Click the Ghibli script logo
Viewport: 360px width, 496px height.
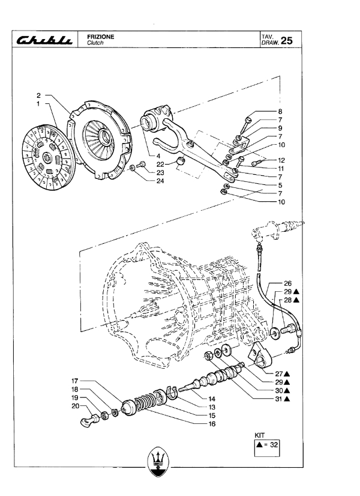pyautogui.click(x=44, y=40)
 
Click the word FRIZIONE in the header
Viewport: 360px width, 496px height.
pyautogui.click(x=101, y=37)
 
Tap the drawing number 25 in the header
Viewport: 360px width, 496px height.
pyautogui.click(x=287, y=40)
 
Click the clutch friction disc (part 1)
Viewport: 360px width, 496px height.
pyautogui.click(x=49, y=157)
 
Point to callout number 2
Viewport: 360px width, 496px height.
pyautogui.click(x=38, y=95)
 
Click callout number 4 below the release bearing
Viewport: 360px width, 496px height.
pyautogui.click(x=158, y=156)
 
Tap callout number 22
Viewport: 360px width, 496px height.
pyautogui.click(x=160, y=164)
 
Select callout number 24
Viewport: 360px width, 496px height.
pyautogui.click(x=160, y=181)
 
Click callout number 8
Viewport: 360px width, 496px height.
pyautogui.click(x=280, y=111)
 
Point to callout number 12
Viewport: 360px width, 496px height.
pyautogui.click(x=281, y=160)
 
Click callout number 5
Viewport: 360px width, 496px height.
pyautogui.click(x=280, y=186)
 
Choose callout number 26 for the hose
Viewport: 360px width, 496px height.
pyautogui.click(x=287, y=283)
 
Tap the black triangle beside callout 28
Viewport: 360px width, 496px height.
pyautogui.click(x=296, y=300)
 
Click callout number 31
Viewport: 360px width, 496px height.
pyautogui.click(x=278, y=399)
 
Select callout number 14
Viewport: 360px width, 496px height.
pyautogui.click(x=212, y=399)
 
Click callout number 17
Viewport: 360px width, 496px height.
pyautogui.click(x=74, y=381)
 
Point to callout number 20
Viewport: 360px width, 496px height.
pyautogui.click(x=75, y=406)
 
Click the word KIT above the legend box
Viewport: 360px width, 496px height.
pyautogui.click(x=259, y=435)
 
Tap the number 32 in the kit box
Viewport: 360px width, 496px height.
pyautogui.click(x=274, y=444)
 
